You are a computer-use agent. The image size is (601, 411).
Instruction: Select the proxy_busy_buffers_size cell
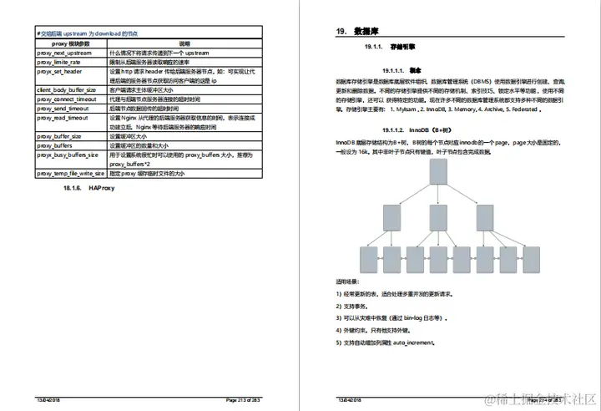coord(67,155)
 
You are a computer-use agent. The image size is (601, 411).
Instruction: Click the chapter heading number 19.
coord(341,31)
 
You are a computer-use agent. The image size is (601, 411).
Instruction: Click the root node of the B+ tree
coord(437,170)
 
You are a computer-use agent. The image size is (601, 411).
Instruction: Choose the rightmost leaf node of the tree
coord(531,260)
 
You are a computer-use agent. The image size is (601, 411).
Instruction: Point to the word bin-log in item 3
coord(414,318)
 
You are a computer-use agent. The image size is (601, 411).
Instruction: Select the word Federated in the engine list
coord(526,109)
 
